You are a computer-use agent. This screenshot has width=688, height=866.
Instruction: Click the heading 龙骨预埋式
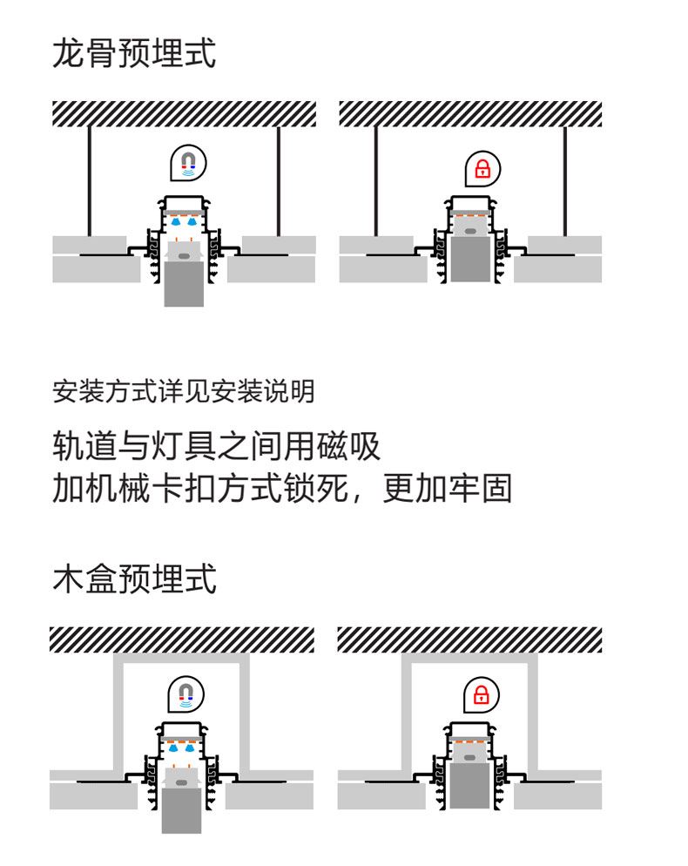click(134, 54)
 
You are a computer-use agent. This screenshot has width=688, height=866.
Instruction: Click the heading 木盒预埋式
click(134, 578)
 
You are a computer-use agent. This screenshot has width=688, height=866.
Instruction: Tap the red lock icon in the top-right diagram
click(482, 169)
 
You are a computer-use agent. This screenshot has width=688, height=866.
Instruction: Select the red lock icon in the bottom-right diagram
click(480, 694)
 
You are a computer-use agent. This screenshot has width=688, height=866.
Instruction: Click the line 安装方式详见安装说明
click(183, 391)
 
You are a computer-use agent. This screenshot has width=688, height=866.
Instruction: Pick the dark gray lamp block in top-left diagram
click(184, 285)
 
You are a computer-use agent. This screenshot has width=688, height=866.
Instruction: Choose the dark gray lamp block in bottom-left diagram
click(181, 811)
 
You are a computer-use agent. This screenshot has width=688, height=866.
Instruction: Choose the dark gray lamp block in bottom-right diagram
click(469, 786)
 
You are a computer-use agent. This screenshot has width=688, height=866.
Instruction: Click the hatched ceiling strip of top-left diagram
click(184, 114)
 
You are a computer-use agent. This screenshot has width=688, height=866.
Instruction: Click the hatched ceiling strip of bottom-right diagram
click(469, 639)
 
